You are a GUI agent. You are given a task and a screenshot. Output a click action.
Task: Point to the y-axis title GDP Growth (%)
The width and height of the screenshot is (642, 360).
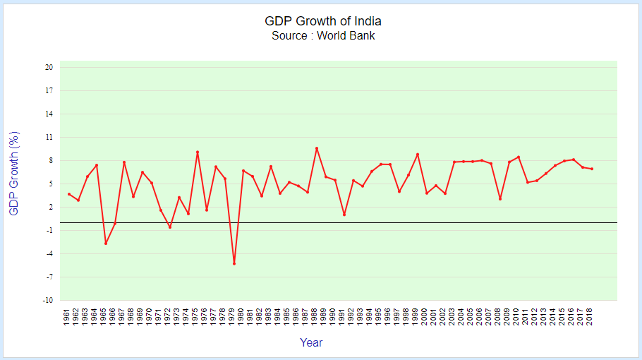[x=13, y=174]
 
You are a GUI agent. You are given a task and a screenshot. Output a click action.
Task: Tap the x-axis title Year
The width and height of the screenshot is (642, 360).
[x=311, y=343]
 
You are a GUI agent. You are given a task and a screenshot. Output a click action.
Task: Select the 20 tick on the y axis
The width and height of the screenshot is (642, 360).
[x=49, y=68]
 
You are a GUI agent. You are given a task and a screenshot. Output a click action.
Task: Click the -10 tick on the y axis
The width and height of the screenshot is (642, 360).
[x=48, y=301]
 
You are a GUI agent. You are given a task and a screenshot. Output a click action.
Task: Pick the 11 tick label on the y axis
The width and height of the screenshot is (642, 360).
[x=49, y=138]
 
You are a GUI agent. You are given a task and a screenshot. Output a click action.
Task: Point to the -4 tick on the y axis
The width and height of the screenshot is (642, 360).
[x=49, y=254]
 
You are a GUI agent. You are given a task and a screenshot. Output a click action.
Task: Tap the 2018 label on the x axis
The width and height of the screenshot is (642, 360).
[x=590, y=318]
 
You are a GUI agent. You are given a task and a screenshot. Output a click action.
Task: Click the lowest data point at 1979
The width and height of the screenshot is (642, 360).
[x=234, y=264]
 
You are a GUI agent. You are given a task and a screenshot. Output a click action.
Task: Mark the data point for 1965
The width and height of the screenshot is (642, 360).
[x=106, y=244]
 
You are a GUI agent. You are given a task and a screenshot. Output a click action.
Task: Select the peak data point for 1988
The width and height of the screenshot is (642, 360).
[x=317, y=148]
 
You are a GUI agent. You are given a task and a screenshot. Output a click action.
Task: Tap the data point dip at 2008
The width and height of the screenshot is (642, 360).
[x=500, y=199]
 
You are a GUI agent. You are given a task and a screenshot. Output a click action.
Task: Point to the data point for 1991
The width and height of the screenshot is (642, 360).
[x=344, y=215]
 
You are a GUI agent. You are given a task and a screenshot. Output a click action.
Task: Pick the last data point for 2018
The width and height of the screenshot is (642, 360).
[x=592, y=169]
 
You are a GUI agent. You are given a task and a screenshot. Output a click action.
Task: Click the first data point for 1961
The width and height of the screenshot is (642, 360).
[x=69, y=193]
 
